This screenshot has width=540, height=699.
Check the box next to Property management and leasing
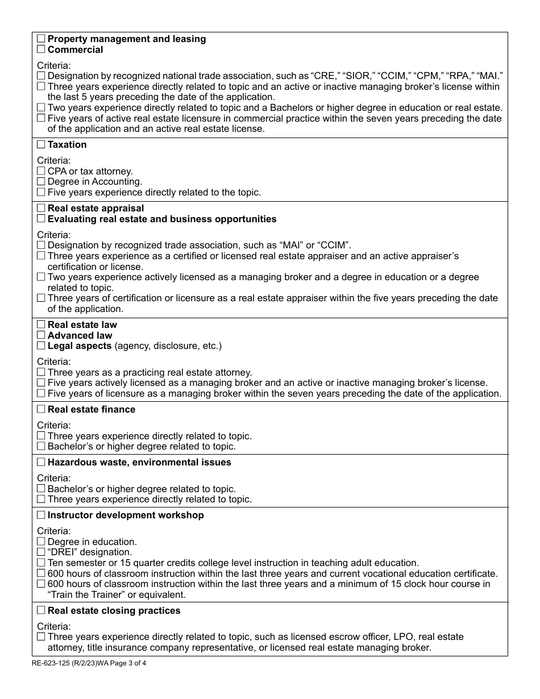(41, 39)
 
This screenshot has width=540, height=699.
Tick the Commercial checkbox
(41, 49)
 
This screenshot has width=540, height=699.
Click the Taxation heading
(67, 145)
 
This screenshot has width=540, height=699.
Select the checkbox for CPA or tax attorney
(41, 171)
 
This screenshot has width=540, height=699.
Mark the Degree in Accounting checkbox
(41, 182)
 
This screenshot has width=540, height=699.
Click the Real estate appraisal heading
(95, 209)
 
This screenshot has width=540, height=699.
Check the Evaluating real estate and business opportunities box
(41, 219)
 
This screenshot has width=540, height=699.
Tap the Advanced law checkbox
(41, 335)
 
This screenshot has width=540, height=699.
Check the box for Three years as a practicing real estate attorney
(41, 372)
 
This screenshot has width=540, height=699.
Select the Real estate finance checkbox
(41, 410)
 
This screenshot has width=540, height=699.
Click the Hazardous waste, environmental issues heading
(139, 463)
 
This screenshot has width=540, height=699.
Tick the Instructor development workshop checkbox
(41, 515)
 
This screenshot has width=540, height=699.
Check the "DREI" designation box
(41, 552)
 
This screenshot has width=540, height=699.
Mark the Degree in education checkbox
(41, 542)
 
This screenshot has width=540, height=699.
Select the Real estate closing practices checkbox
(41, 610)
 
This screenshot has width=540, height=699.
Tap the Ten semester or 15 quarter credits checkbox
(41, 563)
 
